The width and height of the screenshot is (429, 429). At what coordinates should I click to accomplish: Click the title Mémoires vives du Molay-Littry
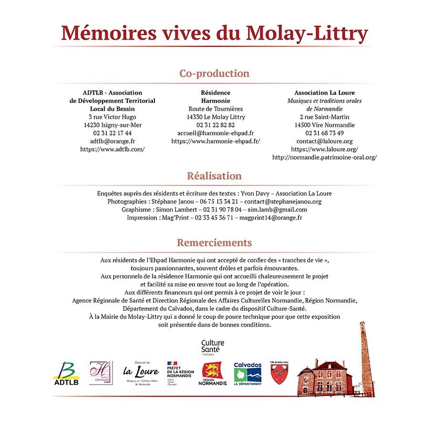click(x=214, y=33)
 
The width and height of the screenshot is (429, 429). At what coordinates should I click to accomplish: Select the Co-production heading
click(x=214, y=73)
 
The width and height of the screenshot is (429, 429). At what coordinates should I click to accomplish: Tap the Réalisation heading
click(x=214, y=176)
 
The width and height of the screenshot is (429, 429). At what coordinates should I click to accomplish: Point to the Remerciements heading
click(x=214, y=243)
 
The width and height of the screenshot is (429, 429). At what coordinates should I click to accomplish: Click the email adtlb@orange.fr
click(x=112, y=141)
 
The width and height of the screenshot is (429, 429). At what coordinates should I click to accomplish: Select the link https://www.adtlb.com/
click(x=112, y=149)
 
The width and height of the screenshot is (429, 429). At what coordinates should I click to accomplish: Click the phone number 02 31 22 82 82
click(x=215, y=125)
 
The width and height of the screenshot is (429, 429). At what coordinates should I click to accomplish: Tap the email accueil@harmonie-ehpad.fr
click(x=215, y=133)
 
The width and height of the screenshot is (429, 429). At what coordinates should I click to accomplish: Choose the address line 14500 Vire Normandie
click(x=324, y=125)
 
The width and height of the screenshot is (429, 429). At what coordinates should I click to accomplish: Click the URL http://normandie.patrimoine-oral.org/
click(x=324, y=157)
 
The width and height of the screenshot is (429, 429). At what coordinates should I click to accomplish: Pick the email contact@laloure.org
click(x=324, y=141)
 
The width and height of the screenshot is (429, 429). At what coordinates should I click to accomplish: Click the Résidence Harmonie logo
click(x=101, y=372)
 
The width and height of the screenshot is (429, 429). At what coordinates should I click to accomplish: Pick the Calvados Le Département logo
click(x=247, y=374)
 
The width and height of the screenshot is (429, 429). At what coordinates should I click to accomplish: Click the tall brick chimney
click(x=366, y=357)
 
